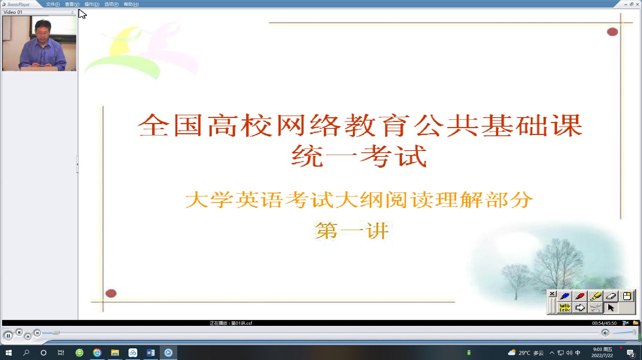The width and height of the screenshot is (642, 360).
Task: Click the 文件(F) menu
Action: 53,4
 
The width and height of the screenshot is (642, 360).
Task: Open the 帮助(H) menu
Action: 131,4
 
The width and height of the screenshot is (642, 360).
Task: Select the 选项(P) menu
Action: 111,4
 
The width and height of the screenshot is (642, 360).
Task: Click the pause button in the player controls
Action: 8,336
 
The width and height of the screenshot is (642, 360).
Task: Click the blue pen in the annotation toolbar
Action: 565,296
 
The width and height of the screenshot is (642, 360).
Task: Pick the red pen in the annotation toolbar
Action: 580,296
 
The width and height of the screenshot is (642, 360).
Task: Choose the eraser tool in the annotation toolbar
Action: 611,296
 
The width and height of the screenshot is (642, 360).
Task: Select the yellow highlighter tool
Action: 596,296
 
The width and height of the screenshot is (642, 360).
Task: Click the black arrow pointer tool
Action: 611,308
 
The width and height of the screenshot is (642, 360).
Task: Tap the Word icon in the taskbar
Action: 150,353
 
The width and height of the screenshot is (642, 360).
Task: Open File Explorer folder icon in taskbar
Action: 115,353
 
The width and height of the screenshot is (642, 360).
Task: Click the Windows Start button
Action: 9,353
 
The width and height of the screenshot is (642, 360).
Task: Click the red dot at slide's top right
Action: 613,32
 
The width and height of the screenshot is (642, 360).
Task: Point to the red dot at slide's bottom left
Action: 111,293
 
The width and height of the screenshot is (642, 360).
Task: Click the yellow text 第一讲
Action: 352,231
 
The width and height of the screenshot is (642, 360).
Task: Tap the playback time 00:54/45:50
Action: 604,323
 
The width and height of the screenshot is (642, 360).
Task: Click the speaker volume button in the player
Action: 605,333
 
